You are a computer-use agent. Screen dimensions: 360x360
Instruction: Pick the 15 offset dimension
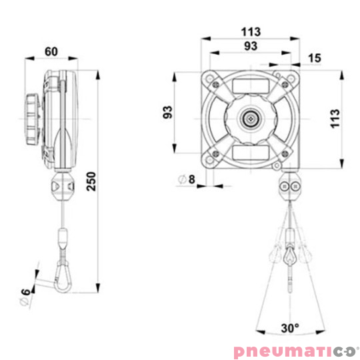[x=315, y=59]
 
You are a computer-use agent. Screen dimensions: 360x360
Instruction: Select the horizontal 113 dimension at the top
[x=251, y=31]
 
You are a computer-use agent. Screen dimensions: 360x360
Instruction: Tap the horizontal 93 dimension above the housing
[x=251, y=46]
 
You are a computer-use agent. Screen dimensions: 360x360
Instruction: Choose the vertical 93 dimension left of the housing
[x=167, y=111]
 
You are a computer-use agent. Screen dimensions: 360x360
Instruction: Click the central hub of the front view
[x=251, y=119]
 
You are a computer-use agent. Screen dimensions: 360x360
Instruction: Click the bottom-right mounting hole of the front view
[x=288, y=157]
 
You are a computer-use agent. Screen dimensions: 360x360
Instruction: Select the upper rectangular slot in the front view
[x=251, y=87]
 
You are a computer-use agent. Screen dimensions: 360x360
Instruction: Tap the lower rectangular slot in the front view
[x=251, y=153]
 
